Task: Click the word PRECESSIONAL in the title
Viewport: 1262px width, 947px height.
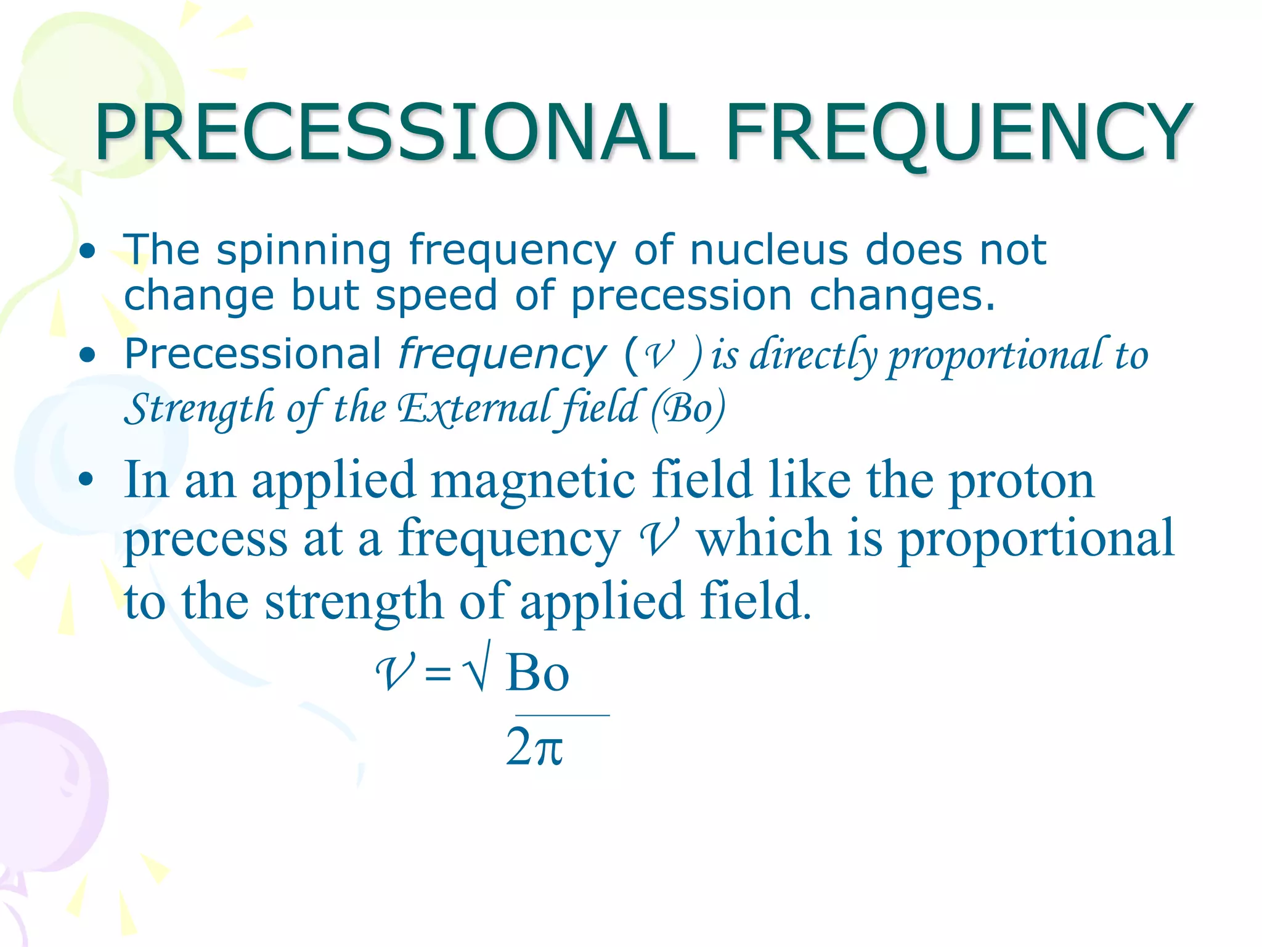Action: tap(394, 133)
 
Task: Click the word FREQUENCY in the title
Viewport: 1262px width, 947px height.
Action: tap(958, 133)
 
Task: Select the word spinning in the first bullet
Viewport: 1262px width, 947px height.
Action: tap(304, 252)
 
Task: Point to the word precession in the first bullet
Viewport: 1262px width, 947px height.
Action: tap(681, 297)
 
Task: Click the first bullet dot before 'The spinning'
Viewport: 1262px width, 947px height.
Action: tap(88, 251)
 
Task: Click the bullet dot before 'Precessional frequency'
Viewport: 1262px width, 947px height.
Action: tap(88, 355)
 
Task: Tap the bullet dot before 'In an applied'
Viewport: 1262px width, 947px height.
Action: tap(86, 480)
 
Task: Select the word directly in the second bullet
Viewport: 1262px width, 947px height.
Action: tap(813, 356)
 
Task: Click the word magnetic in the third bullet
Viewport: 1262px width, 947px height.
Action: tap(533, 481)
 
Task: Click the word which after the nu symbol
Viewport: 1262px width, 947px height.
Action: tap(764, 538)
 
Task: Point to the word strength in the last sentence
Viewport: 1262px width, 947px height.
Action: tap(354, 601)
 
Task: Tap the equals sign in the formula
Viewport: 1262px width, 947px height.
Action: tap(438, 673)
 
